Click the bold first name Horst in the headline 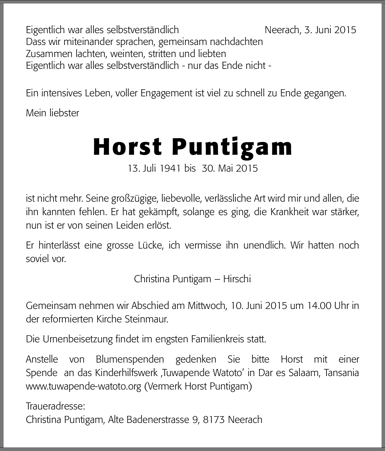[128, 147]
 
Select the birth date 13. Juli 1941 [154, 168]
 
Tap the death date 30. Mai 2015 [230, 168]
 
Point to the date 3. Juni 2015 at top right [330, 30]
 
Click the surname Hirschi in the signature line [237, 279]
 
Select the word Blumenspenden [130, 359]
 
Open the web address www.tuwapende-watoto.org [83, 386]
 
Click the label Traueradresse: [55, 406]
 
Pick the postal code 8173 [214, 420]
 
